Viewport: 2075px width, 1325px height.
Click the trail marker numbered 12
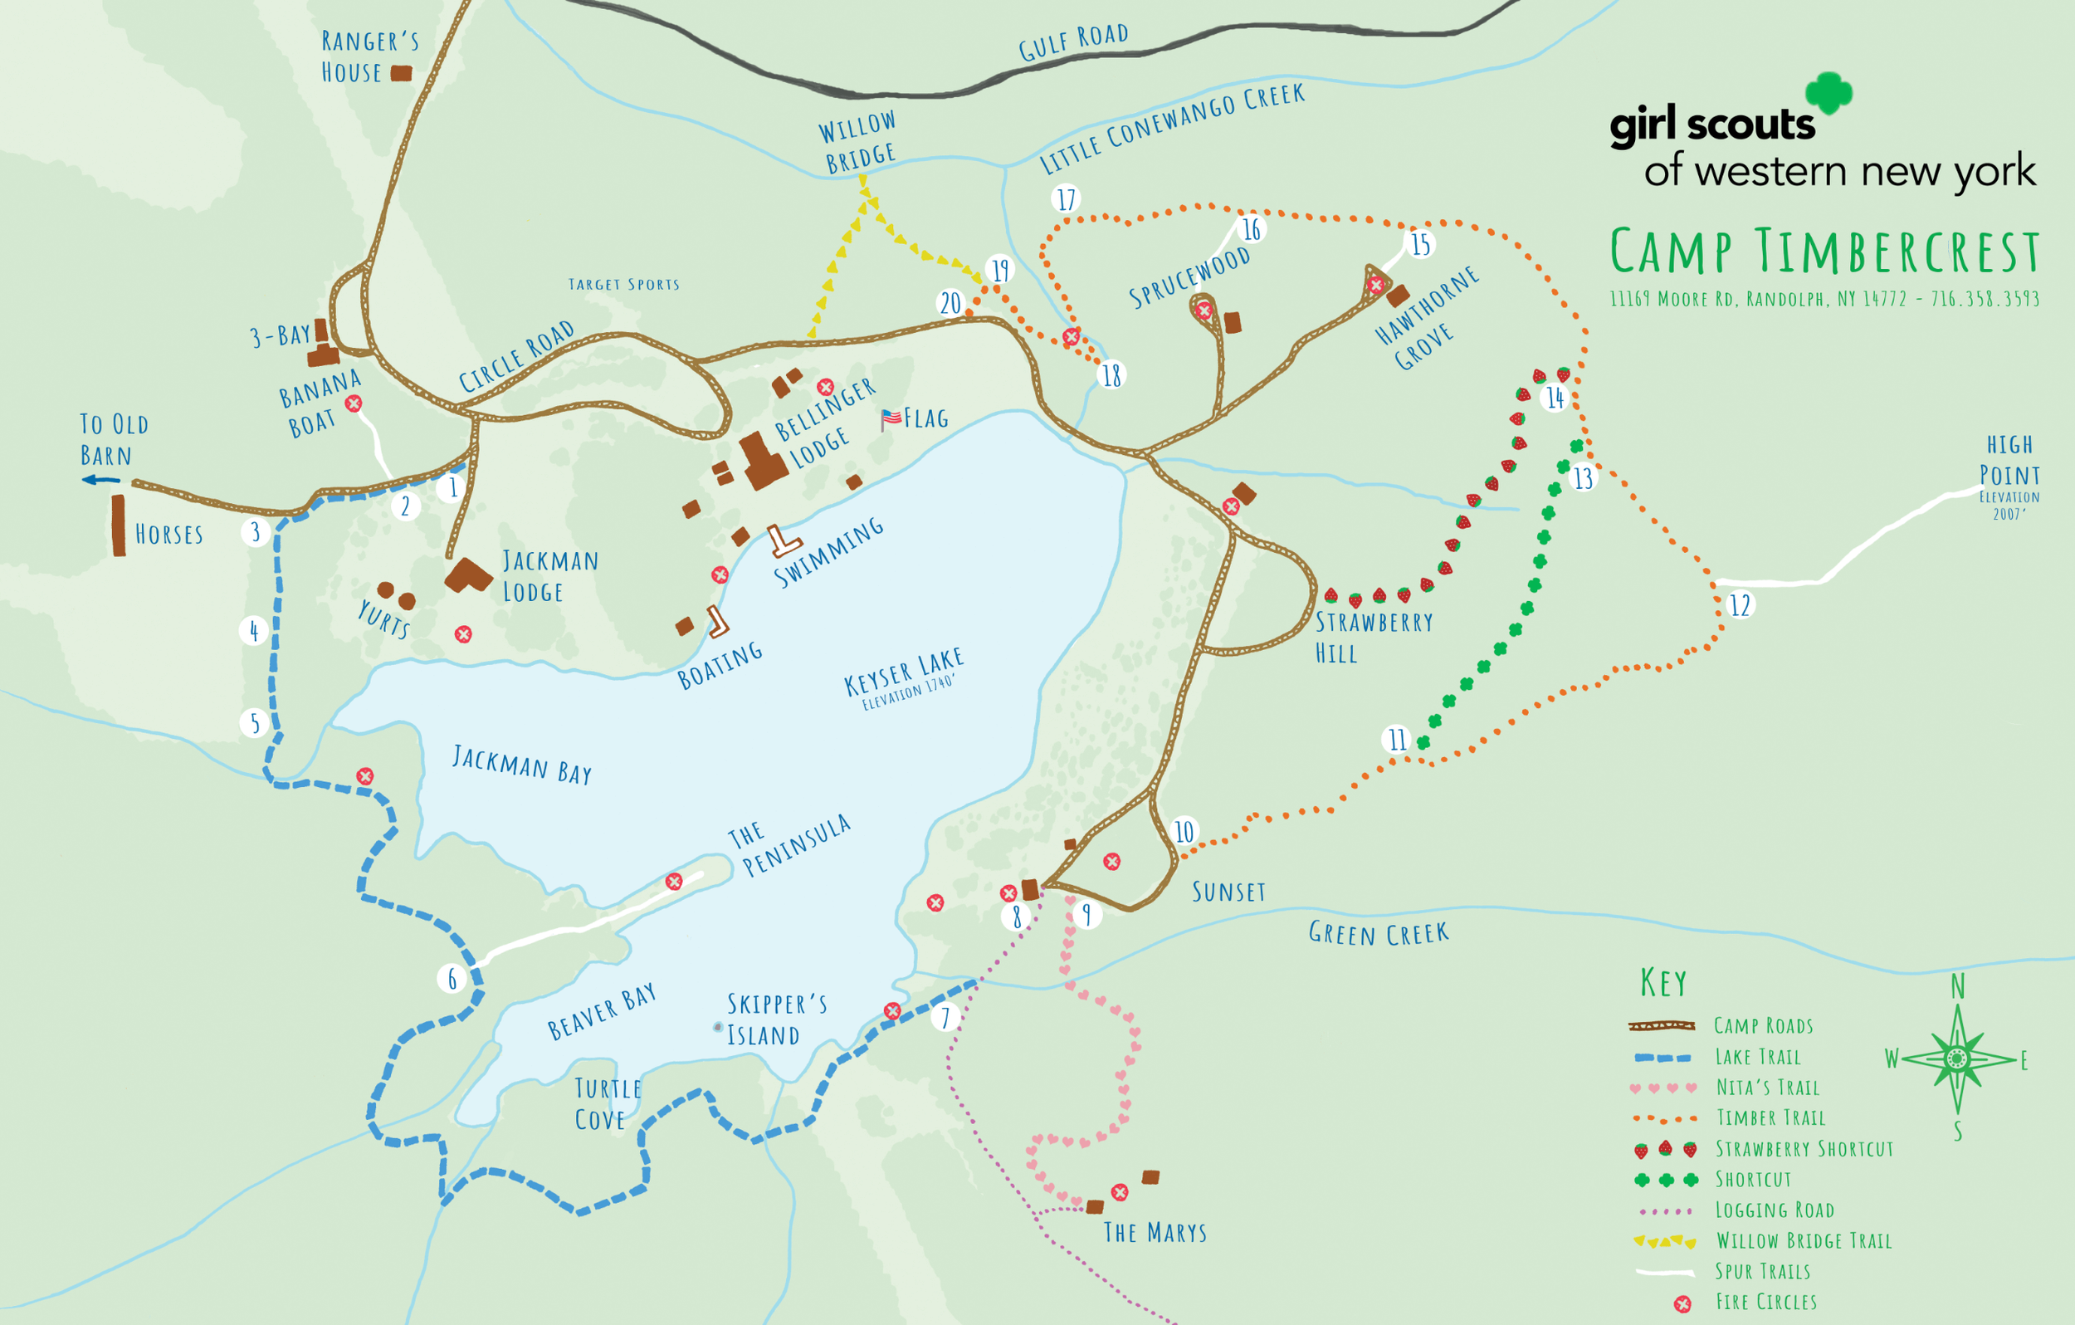click(1740, 604)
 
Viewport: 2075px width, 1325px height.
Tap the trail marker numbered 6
click(452, 978)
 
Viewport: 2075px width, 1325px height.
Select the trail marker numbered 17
click(1066, 199)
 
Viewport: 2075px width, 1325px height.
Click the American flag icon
click(891, 419)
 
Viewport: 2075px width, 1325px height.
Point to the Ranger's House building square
click(401, 73)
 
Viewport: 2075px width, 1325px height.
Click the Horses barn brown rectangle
click(118, 525)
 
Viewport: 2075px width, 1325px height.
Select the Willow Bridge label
click(857, 142)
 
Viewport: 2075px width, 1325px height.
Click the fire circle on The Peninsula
click(674, 881)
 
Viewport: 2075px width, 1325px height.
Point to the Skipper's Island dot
click(718, 1027)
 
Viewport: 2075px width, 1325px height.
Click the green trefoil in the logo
click(1828, 92)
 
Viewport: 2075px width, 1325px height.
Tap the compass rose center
click(1956, 1058)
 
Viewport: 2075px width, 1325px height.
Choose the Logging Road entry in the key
click(1774, 1210)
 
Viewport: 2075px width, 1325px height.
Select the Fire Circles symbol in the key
click(1682, 1303)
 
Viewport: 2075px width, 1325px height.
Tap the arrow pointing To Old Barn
click(100, 480)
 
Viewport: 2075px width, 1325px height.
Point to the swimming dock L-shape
click(784, 542)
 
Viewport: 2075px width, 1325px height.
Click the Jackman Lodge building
click(468, 574)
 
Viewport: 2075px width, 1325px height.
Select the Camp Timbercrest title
click(1824, 252)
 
